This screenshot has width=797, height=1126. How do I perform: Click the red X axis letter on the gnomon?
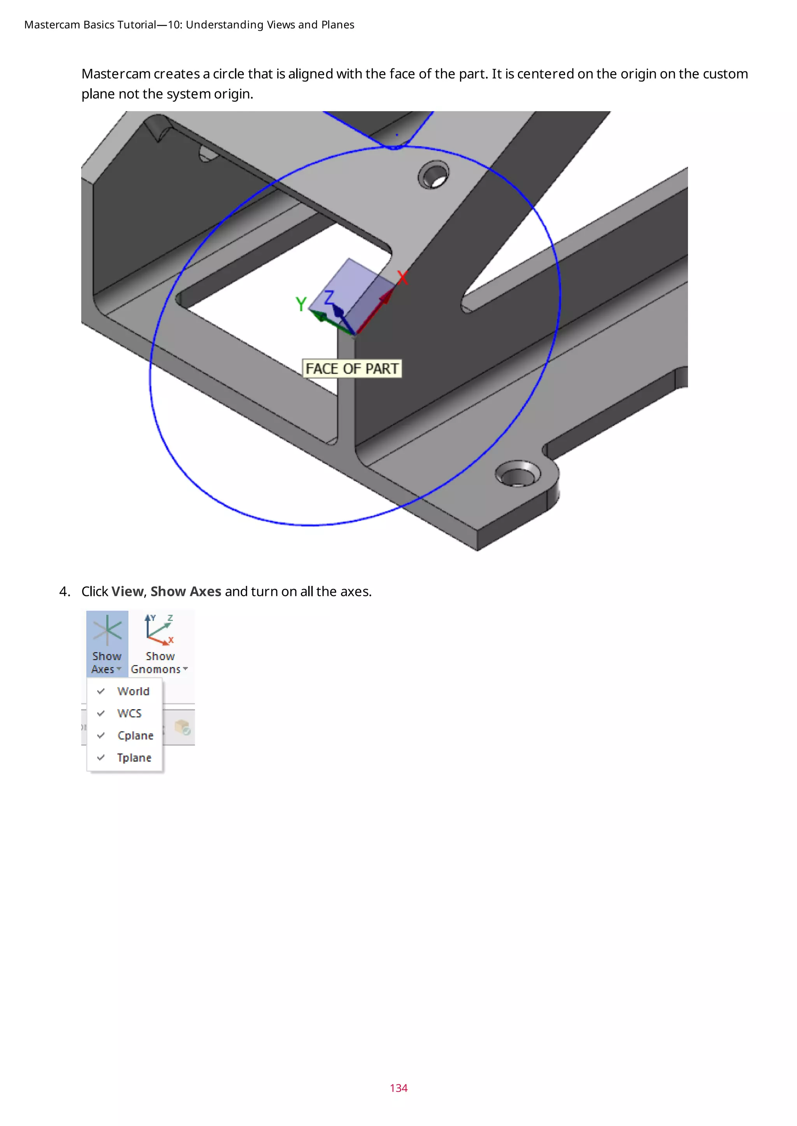[402, 278]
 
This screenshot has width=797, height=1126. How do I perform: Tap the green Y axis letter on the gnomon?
[301, 304]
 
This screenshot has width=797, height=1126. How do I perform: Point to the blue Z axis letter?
[328, 297]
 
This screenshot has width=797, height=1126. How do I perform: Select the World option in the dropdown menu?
[133, 691]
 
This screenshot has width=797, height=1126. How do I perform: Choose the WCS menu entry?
[129, 713]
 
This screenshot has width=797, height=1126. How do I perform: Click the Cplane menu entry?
[135, 735]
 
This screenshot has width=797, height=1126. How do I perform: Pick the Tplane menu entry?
[133, 758]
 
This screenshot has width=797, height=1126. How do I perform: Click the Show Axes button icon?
[107, 631]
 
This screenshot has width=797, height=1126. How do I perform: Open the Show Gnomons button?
[160, 642]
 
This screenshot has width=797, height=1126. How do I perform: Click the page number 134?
[398, 1088]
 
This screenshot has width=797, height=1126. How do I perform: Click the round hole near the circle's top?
[434, 175]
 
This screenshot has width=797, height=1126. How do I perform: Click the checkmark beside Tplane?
[101, 758]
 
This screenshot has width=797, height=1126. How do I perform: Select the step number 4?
[64, 591]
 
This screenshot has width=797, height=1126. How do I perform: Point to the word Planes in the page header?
[338, 24]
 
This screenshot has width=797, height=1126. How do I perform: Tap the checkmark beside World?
[101, 691]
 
